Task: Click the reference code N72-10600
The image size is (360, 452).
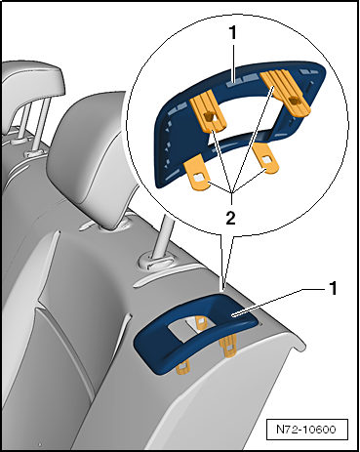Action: coord(305,430)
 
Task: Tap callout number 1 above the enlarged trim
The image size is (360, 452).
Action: coord(232,32)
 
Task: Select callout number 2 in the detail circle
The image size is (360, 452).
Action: coord(230,219)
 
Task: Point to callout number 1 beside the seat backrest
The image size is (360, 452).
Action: coord(333,288)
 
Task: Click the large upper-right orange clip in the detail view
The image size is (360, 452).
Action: coord(286,92)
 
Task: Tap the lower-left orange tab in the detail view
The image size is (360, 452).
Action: coord(198,176)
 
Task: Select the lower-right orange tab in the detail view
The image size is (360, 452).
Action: coord(265,159)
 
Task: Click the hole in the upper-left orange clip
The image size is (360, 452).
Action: coord(208,117)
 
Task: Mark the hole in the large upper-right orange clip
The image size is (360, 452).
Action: coord(294,102)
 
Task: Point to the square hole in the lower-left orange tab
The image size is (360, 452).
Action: coord(198,178)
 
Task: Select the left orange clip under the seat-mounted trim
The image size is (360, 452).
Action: coord(182,369)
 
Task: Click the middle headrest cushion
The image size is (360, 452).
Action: coord(91,159)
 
